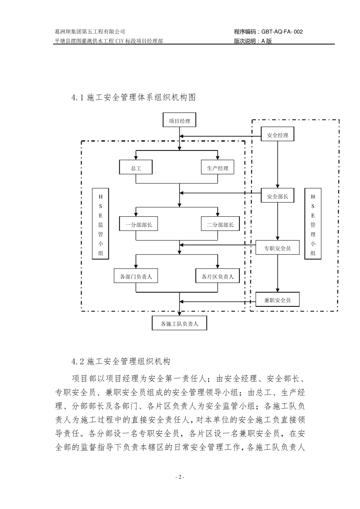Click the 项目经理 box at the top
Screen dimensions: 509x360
pyautogui.click(x=179, y=121)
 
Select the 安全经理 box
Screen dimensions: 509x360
pyautogui.click(x=277, y=135)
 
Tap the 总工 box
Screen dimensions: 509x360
pyautogui.click(x=136, y=168)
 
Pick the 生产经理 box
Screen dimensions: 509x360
pyautogui.click(x=218, y=168)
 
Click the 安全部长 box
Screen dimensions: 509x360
pyautogui.click(x=277, y=197)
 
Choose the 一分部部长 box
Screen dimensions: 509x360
pyautogui.click(x=138, y=225)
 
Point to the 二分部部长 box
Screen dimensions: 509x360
pyautogui.click(x=220, y=225)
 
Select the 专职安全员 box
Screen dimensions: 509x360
pyautogui.click(x=277, y=248)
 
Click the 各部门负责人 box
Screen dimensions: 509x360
pyautogui.click(x=136, y=276)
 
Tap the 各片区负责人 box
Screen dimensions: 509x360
pyautogui.click(x=218, y=276)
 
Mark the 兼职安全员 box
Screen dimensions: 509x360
pyautogui.click(x=277, y=300)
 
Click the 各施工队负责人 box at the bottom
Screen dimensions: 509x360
pyautogui.click(x=179, y=324)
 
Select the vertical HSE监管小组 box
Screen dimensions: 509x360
pyautogui.click(x=101, y=225)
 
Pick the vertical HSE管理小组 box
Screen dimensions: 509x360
pyautogui.click(x=313, y=225)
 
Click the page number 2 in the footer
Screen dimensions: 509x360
pyautogui.click(x=180, y=477)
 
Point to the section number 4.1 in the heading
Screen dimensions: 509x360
pyautogui.click(x=77, y=97)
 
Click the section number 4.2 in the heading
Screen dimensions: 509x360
pyautogui.click(x=77, y=361)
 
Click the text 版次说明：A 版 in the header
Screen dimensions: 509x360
pyautogui.click(x=253, y=41)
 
